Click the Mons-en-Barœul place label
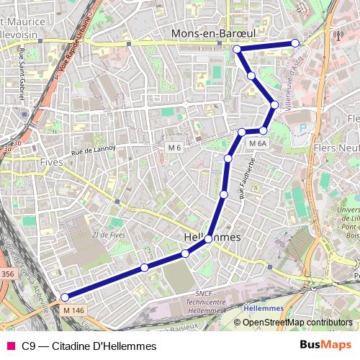point(214,33)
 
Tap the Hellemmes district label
point(212,236)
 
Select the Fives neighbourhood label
point(53,162)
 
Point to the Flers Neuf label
point(336,148)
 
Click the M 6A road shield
point(258,144)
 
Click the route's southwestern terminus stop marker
point(65,297)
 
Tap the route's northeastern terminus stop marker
point(295,43)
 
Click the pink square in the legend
point(10,346)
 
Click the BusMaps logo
point(325,345)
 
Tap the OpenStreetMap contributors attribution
point(293,323)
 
